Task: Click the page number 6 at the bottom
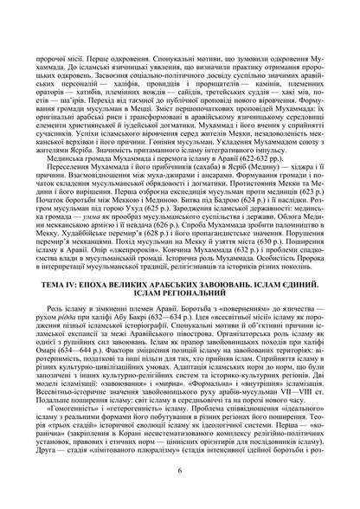click(179, 495)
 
